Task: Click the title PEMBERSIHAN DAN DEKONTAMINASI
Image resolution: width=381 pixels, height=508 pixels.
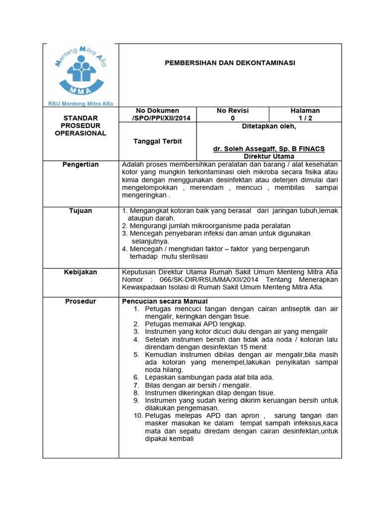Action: [x=230, y=63]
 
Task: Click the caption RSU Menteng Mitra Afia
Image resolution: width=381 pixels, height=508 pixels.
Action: [x=80, y=104]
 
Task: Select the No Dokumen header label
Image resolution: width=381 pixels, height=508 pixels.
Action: [x=158, y=110]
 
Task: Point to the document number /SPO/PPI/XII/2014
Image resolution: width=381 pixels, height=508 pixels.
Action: [x=158, y=118]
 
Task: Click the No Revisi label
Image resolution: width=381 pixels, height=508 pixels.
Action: [x=233, y=110]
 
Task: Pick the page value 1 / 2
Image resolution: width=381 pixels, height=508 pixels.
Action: [x=305, y=118]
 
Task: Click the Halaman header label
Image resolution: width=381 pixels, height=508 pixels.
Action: [x=305, y=110]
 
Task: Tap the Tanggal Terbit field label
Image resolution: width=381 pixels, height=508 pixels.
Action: [x=158, y=141]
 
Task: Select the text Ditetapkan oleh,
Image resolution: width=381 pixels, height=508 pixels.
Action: [x=269, y=126]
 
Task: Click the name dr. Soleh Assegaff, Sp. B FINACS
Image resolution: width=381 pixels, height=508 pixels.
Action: [x=269, y=149]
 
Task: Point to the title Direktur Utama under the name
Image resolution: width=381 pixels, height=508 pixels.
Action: [x=269, y=156]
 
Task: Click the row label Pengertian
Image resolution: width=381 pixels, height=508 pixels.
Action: [x=80, y=164]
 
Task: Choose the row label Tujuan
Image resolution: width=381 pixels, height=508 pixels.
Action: [x=80, y=211]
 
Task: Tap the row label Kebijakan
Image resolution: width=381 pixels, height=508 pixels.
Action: [x=80, y=272]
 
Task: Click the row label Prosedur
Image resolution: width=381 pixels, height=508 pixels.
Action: [x=80, y=301]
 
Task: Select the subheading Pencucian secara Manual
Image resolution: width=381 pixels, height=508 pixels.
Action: [x=165, y=301]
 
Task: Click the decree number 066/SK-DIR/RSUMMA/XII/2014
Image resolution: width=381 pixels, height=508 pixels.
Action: [x=204, y=279]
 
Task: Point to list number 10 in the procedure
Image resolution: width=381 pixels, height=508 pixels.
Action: [x=138, y=415]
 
